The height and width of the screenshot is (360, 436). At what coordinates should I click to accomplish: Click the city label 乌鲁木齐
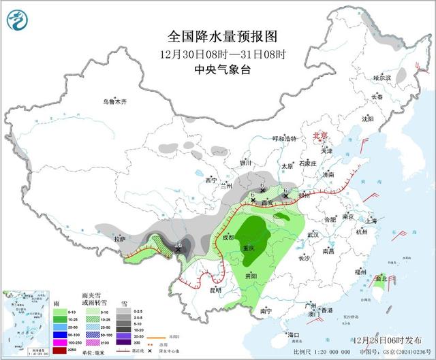tap(115, 102)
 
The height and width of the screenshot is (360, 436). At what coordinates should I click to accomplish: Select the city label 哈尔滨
tap(383, 78)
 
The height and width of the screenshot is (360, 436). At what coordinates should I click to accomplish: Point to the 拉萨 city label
tap(121, 239)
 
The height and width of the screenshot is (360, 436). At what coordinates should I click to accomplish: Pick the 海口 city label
tap(294, 335)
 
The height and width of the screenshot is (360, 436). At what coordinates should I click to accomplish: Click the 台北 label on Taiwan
tap(381, 278)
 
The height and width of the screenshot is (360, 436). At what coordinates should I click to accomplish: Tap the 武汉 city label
tap(314, 234)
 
